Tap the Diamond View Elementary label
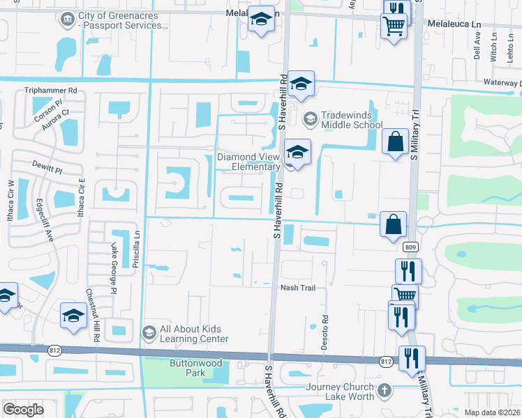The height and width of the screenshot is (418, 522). (x=248, y=162)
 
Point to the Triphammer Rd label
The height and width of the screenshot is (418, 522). (x=50, y=91)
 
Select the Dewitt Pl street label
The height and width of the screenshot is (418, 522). (x=47, y=169)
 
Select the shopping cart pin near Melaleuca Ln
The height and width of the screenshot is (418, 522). (x=394, y=26)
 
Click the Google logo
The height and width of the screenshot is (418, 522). (x=23, y=410)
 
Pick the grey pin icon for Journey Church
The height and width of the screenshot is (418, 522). (x=385, y=392)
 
